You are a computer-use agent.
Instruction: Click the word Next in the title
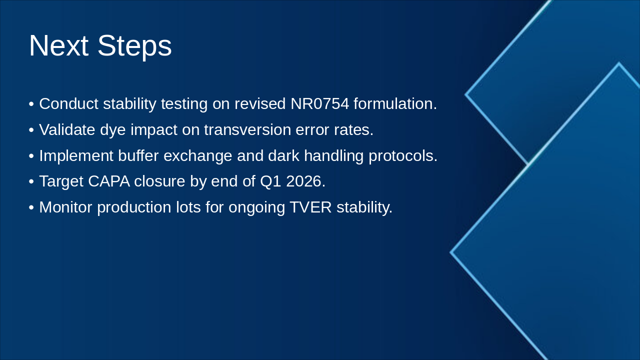[58, 45]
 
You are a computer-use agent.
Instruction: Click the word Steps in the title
[134, 47]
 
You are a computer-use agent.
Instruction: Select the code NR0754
[319, 103]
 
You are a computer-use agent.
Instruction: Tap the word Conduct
[69, 103]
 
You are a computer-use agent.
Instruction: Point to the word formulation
[395, 103]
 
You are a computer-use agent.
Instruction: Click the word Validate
[67, 129]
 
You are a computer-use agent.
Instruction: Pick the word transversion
[247, 129]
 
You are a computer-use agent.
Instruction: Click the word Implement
[76, 156]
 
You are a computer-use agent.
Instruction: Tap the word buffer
[138, 155]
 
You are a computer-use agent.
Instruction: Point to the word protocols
[403, 156]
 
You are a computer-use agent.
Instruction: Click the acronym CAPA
[109, 181]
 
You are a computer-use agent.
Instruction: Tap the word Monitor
[65, 207]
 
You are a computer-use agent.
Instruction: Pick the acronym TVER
[310, 207]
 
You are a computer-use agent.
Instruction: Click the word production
[134, 207]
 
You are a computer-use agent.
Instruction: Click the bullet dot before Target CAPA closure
[31, 182]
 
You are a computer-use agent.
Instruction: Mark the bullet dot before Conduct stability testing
[31, 104]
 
